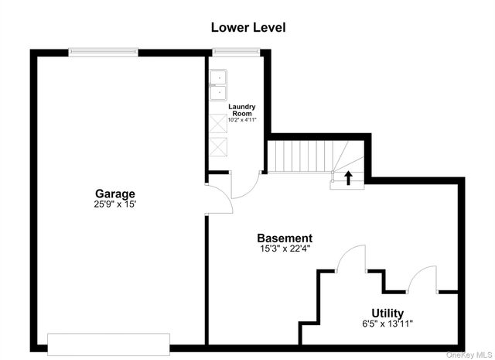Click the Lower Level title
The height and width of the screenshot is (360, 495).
pos(248,28)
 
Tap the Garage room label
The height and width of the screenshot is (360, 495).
pos(115,194)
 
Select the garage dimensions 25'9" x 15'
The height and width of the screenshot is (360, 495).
pos(115,204)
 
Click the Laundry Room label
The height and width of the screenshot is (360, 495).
pos(242,110)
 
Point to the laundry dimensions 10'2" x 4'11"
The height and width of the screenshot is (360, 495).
pos(242,120)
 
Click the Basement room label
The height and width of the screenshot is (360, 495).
pos(285,238)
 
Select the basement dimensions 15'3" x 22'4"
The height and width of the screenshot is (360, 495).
pos(285,249)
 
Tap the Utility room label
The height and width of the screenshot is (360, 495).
pos(387,313)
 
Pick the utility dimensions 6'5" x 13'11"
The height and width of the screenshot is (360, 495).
pos(387,324)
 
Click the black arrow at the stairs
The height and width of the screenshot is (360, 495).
pos(348,178)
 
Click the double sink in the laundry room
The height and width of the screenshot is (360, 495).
pos(218,85)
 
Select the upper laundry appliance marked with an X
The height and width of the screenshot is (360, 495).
pos(218,123)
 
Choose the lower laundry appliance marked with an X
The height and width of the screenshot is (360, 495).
pos(218,147)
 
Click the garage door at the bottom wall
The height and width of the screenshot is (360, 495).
pos(108,345)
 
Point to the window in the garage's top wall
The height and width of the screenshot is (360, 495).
pos(103,52)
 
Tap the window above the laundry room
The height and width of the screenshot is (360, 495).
pos(236,52)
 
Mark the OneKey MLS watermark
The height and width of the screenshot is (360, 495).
pos(469,355)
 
